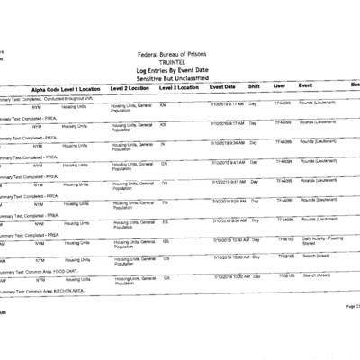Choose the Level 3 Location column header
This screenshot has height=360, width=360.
coord(178,88)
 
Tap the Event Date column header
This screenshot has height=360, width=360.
coord(222,87)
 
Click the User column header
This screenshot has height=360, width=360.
coord(279,87)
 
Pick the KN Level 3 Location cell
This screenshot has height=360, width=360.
coord(163,103)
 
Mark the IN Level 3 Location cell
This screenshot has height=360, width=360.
coord(162,143)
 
